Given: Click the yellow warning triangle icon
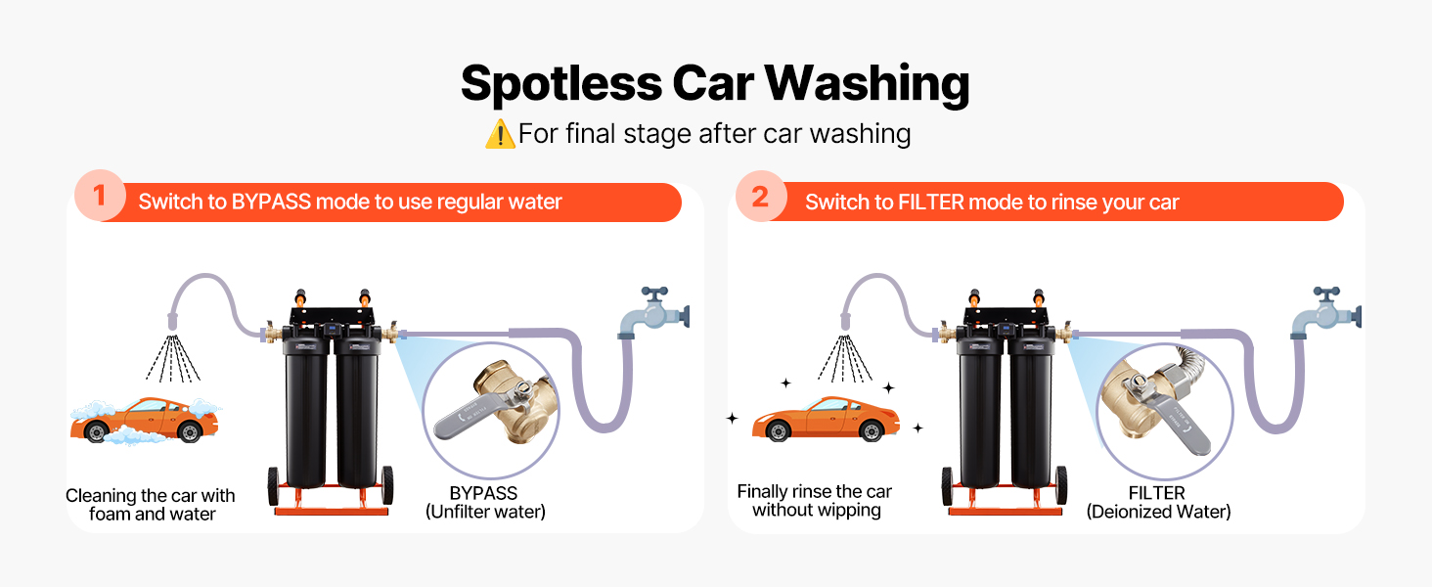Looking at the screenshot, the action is pyautogui.click(x=500, y=134).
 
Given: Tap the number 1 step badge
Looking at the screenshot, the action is pyautogui.click(x=100, y=196).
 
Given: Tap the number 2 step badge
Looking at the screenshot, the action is pyautogui.click(x=761, y=197).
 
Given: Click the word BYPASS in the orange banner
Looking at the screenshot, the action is pyautogui.click(x=271, y=203).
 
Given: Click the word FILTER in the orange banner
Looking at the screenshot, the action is pyautogui.click(x=931, y=203).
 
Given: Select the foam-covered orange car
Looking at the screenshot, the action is pyautogui.click(x=146, y=420).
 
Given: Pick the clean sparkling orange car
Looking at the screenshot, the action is pyautogui.click(x=826, y=419).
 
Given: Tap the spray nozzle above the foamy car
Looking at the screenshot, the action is pyautogui.click(x=172, y=321).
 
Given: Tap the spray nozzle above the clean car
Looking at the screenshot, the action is pyautogui.click(x=845, y=321).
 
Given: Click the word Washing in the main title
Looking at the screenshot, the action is pyautogui.click(x=867, y=84).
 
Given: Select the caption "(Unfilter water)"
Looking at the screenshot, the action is pyautogui.click(x=486, y=512).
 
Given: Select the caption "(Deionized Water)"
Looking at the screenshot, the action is pyautogui.click(x=1158, y=512).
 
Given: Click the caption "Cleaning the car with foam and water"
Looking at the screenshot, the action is pyautogui.click(x=151, y=505).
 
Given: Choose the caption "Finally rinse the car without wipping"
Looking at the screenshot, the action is pyautogui.click(x=815, y=501).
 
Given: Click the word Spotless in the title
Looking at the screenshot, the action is pyautogui.click(x=561, y=84).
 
